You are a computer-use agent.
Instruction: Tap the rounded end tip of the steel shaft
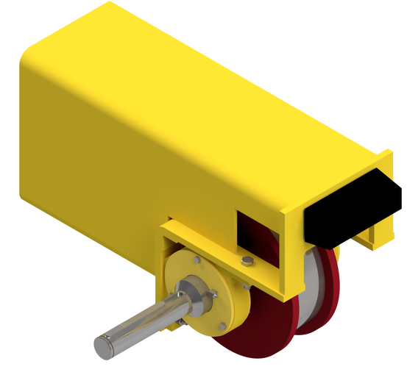click(x=103, y=346)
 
